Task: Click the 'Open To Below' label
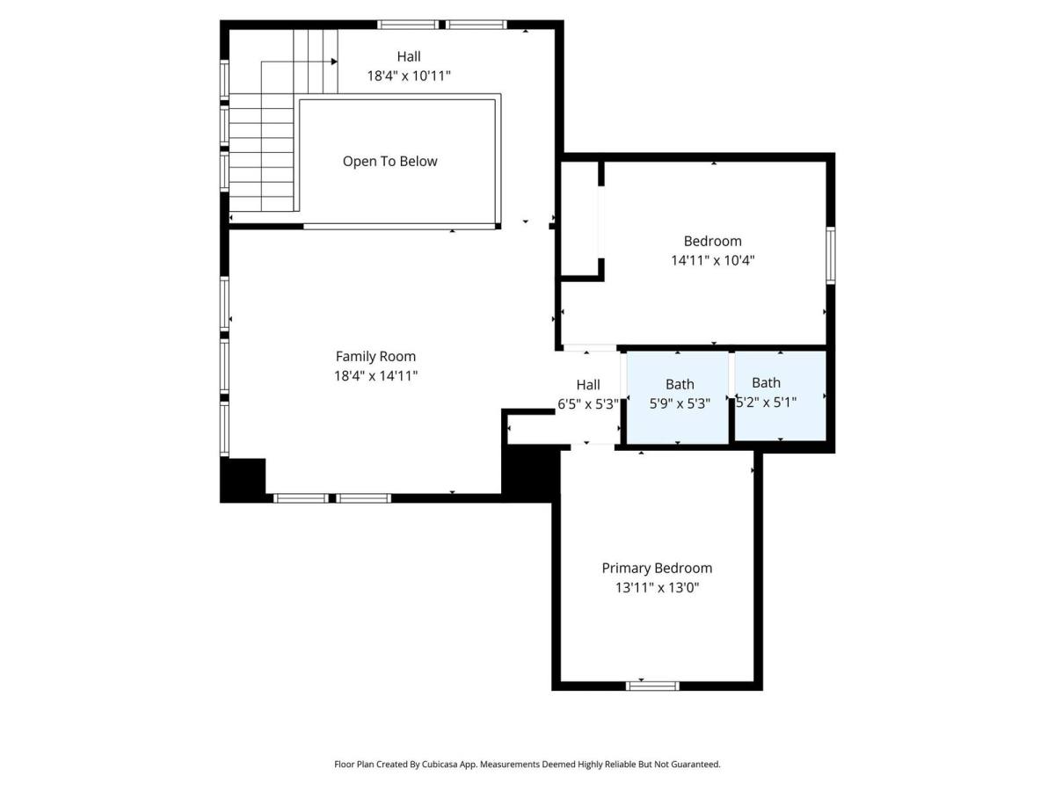tap(389, 162)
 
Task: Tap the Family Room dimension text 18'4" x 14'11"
tap(376, 375)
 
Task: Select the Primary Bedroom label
tap(657, 568)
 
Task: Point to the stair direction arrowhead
tap(334, 62)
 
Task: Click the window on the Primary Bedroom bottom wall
tap(652, 686)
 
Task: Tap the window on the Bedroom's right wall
tap(831, 256)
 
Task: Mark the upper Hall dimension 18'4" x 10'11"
tap(409, 76)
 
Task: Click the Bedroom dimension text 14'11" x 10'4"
tap(713, 260)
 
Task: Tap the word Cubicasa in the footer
tap(440, 764)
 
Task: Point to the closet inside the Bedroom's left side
tap(580, 219)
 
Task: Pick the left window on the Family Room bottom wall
tap(302, 498)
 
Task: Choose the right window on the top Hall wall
tap(477, 25)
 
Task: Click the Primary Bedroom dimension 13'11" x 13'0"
tap(657, 587)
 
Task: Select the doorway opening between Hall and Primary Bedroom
tap(593, 447)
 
